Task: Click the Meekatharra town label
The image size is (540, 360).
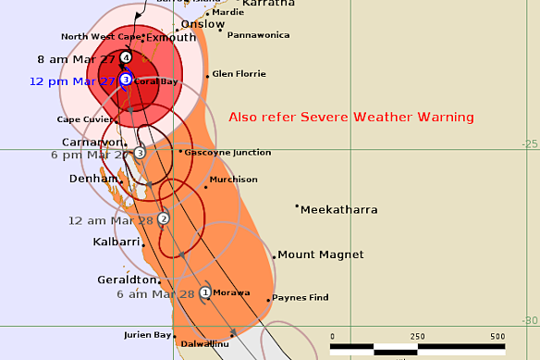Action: pyautogui.click(x=339, y=210)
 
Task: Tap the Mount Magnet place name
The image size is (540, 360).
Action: pyautogui.click(x=321, y=254)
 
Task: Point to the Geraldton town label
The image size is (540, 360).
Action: pyautogui.click(x=126, y=279)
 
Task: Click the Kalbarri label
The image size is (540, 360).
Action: pyautogui.click(x=117, y=242)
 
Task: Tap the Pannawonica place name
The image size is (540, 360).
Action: pyautogui.click(x=260, y=35)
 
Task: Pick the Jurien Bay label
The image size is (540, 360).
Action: pyautogui.click(x=149, y=335)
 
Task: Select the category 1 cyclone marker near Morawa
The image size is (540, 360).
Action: pyautogui.click(x=205, y=292)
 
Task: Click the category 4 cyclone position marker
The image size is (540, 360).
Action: pyautogui.click(x=126, y=57)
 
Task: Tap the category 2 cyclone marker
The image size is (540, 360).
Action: pyautogui.click(x=164, y=218)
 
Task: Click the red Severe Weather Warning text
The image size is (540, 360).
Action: pyautogui.click(x=351, y=118)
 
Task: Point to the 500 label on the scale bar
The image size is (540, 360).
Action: pyautogui.click(x=497, y=336)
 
